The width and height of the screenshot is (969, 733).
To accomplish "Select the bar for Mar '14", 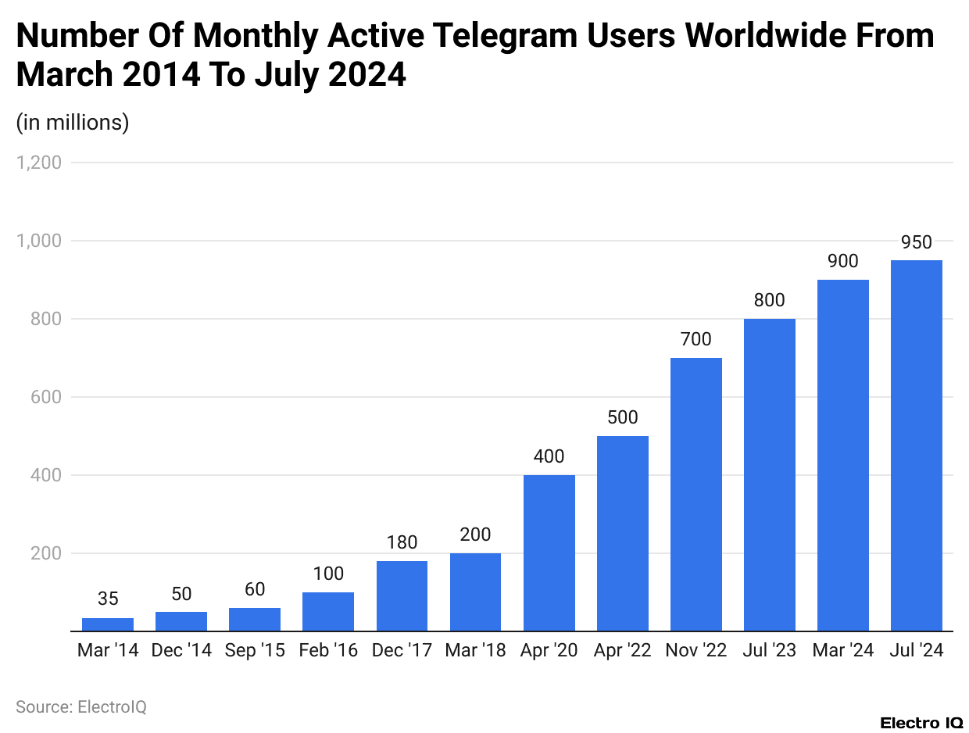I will (108, 624).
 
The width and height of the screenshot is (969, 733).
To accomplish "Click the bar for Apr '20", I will (549, 552).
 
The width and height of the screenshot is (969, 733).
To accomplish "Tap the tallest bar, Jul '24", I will (916, 445).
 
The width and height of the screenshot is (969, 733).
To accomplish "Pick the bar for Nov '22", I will (695, 494).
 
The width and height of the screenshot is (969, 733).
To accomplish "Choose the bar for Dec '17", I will (402, 595).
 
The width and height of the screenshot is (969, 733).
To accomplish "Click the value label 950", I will (916, 243).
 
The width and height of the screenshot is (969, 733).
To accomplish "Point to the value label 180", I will (402, 543).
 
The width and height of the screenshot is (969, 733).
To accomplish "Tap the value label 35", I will (108, 599).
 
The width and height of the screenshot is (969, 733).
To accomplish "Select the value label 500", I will (622, 418).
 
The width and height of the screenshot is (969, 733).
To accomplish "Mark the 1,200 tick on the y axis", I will (39, 163).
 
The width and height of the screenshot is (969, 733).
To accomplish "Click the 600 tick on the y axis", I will (46, 397).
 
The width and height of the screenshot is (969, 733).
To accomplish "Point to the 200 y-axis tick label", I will (46, 553).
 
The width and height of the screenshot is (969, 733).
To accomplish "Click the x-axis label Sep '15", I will (255, 651).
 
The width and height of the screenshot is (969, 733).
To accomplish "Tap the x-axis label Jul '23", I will (769, 651).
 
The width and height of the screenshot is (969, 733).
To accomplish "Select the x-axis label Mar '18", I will (475, 651).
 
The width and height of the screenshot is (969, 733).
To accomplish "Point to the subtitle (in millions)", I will (73, 123).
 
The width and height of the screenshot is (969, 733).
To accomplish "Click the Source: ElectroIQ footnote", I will (81, 707).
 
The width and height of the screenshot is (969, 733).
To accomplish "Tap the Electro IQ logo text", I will (921, 723).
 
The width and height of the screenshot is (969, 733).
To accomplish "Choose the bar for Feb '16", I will (328, 611).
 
